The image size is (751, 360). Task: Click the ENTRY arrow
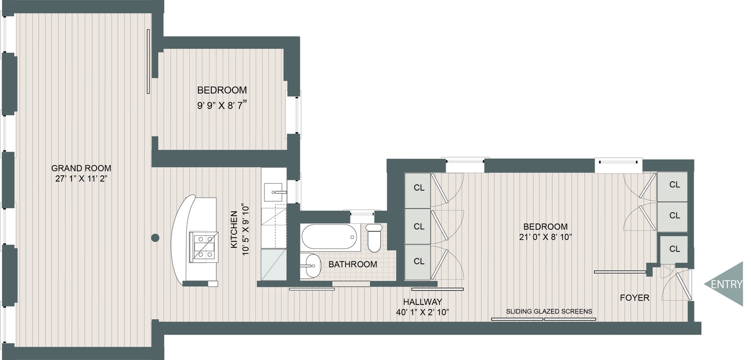pos(726,284)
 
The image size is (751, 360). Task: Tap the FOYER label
pos(634,298)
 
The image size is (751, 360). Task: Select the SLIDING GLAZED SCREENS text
pos(549,311)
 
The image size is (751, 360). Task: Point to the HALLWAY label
pos(423,302)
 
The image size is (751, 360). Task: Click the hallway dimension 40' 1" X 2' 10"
pos(423,312)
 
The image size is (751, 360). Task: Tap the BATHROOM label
pos(352,264)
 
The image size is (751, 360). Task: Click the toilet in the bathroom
pos(374,237)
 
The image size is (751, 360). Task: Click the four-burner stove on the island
pos(203,246)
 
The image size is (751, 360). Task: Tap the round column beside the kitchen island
pos(155,238)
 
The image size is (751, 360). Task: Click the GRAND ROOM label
pos(81,168)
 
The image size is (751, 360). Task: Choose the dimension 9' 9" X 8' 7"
pos(222,106)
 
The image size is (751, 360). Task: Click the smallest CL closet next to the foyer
pos(674,249)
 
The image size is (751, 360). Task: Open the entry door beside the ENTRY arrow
pos(681,284)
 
